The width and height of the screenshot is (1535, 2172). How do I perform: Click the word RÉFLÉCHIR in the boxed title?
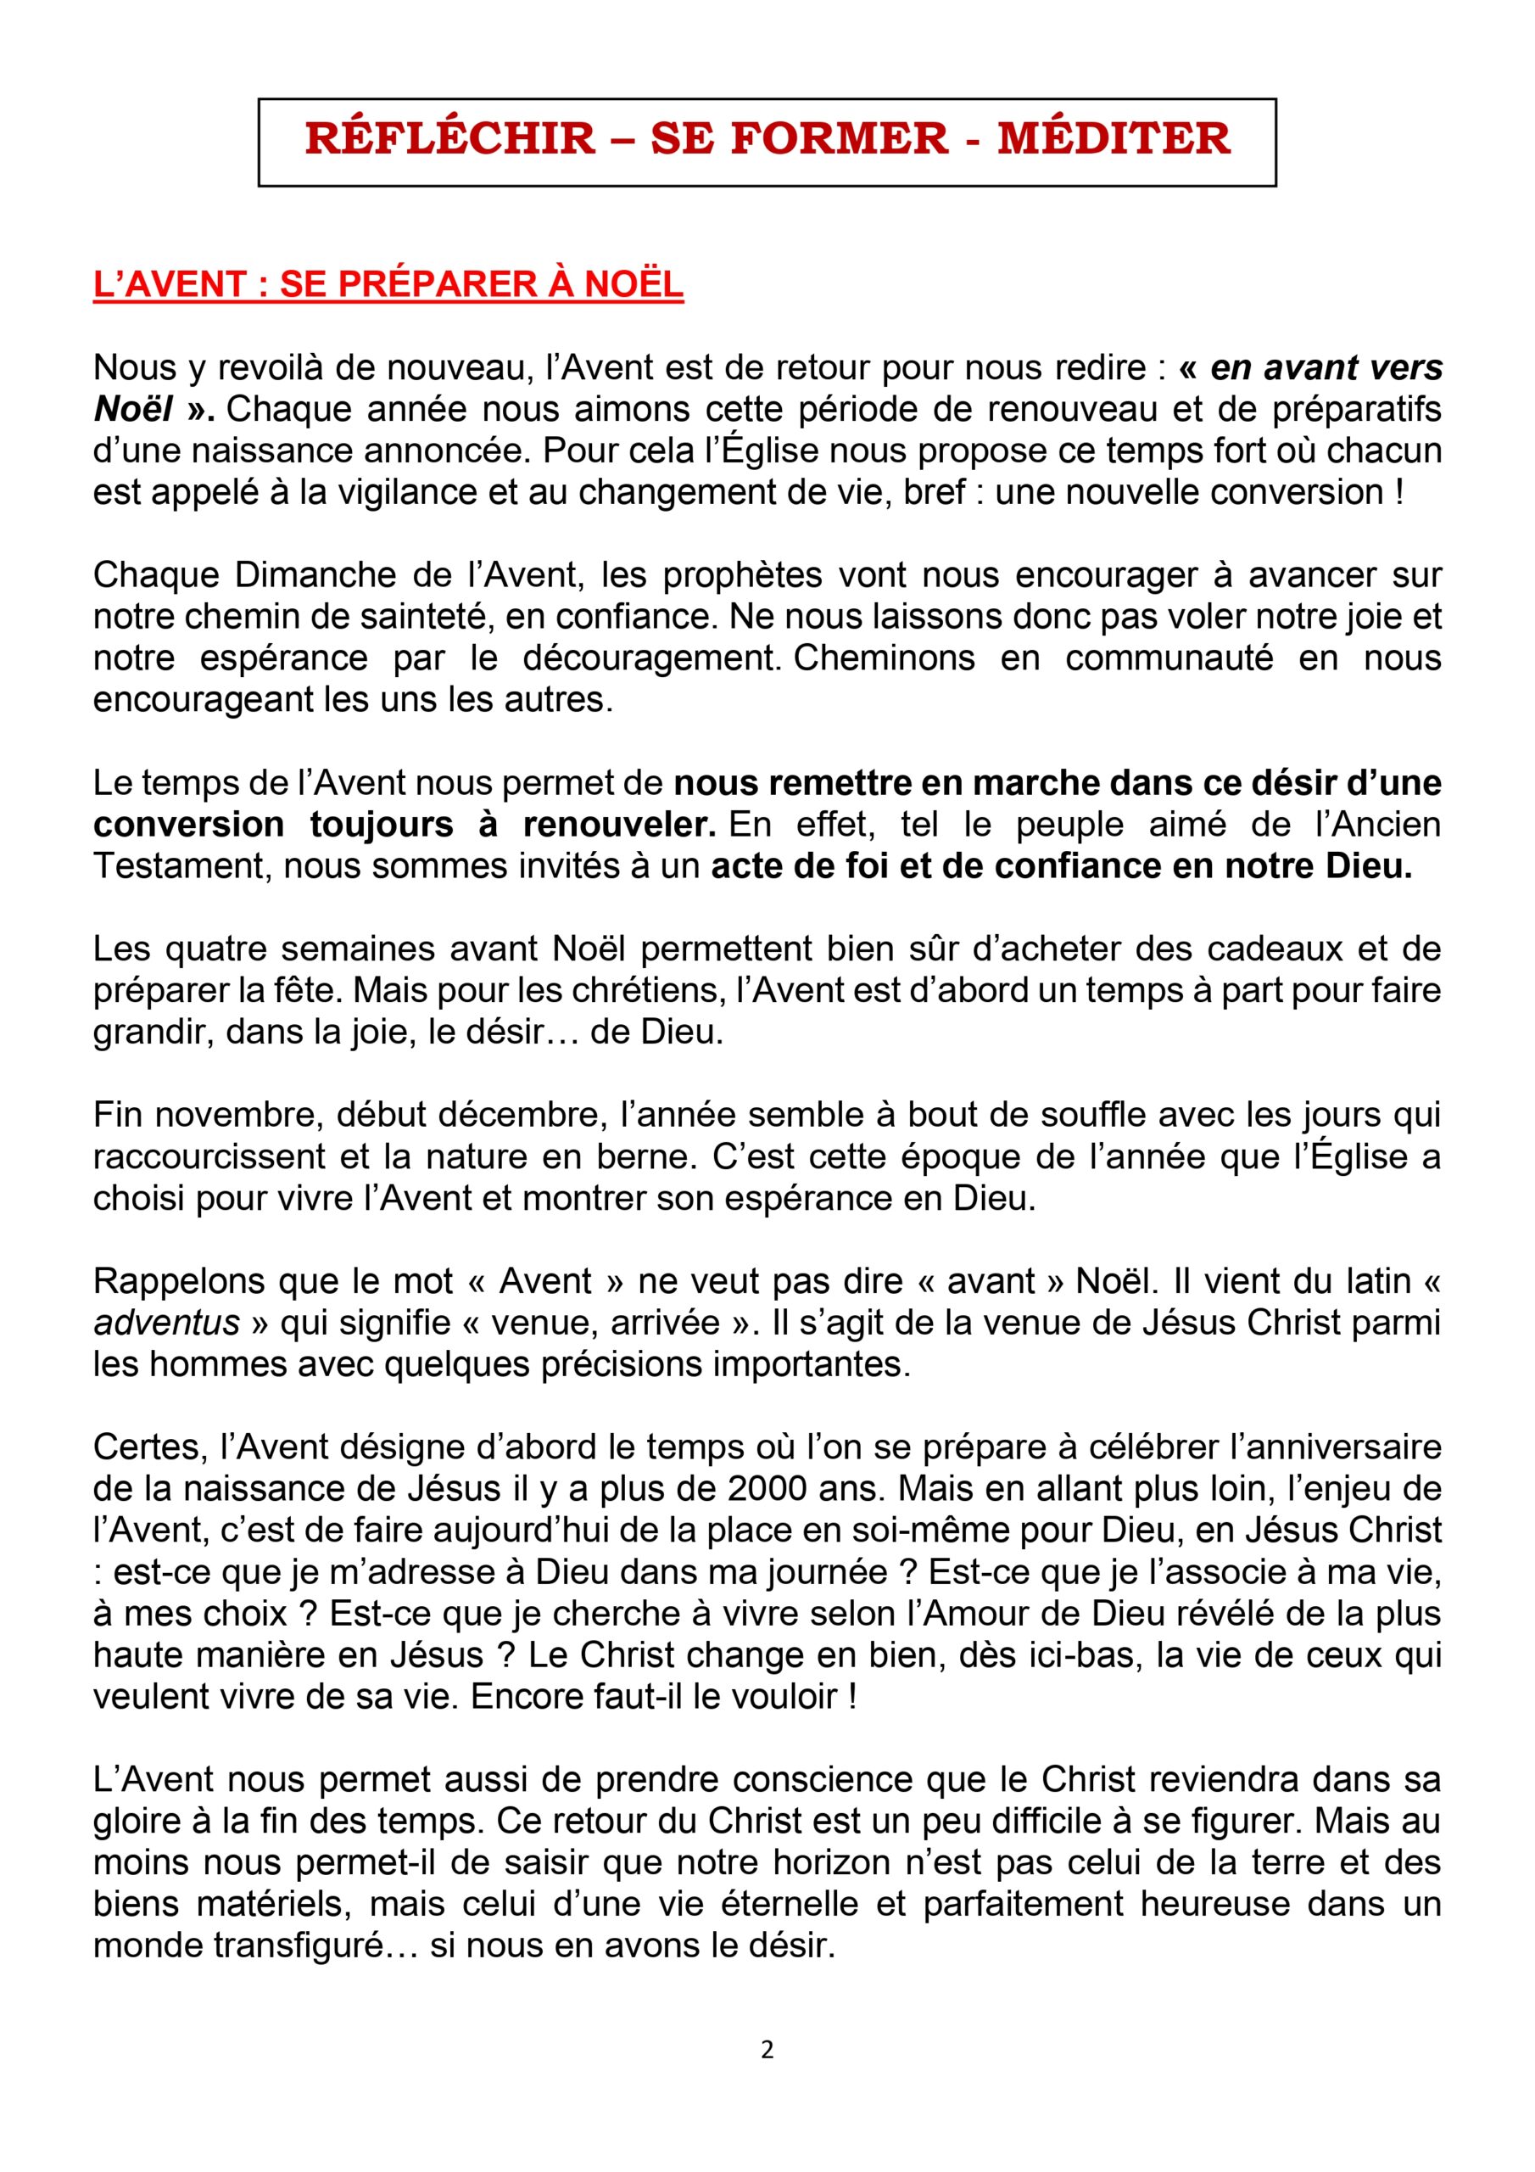[x=450, y=138]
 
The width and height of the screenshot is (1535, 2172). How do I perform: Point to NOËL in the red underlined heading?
[x=634, y=285]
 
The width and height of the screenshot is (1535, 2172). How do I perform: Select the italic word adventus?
[x=166, y=1323]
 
